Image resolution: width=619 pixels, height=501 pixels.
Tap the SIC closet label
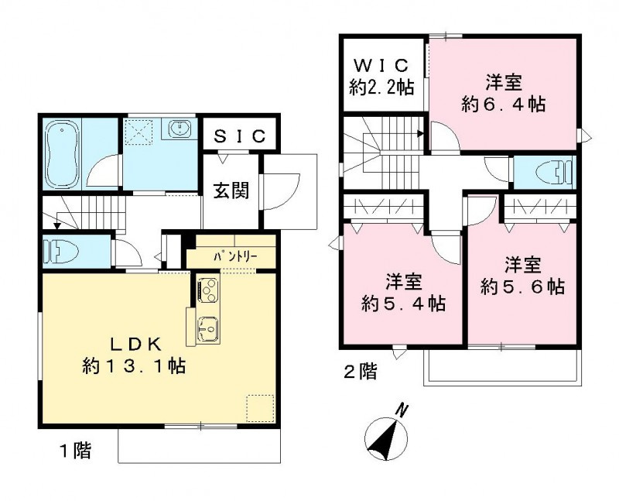click(239, 136)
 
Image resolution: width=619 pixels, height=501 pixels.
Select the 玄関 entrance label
click(232, 190)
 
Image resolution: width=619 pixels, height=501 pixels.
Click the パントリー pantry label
click(230, 257)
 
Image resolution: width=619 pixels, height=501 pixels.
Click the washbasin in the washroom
click(180, 128)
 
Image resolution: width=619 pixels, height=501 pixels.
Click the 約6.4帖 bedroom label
click(503, 93)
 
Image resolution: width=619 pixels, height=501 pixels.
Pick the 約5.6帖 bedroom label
click(521, 275)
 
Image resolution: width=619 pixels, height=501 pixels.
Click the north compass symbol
click(385, 440)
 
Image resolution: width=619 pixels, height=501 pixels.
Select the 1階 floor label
click(75, 451)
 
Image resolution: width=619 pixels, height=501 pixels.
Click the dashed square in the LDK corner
click(259, 407)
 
